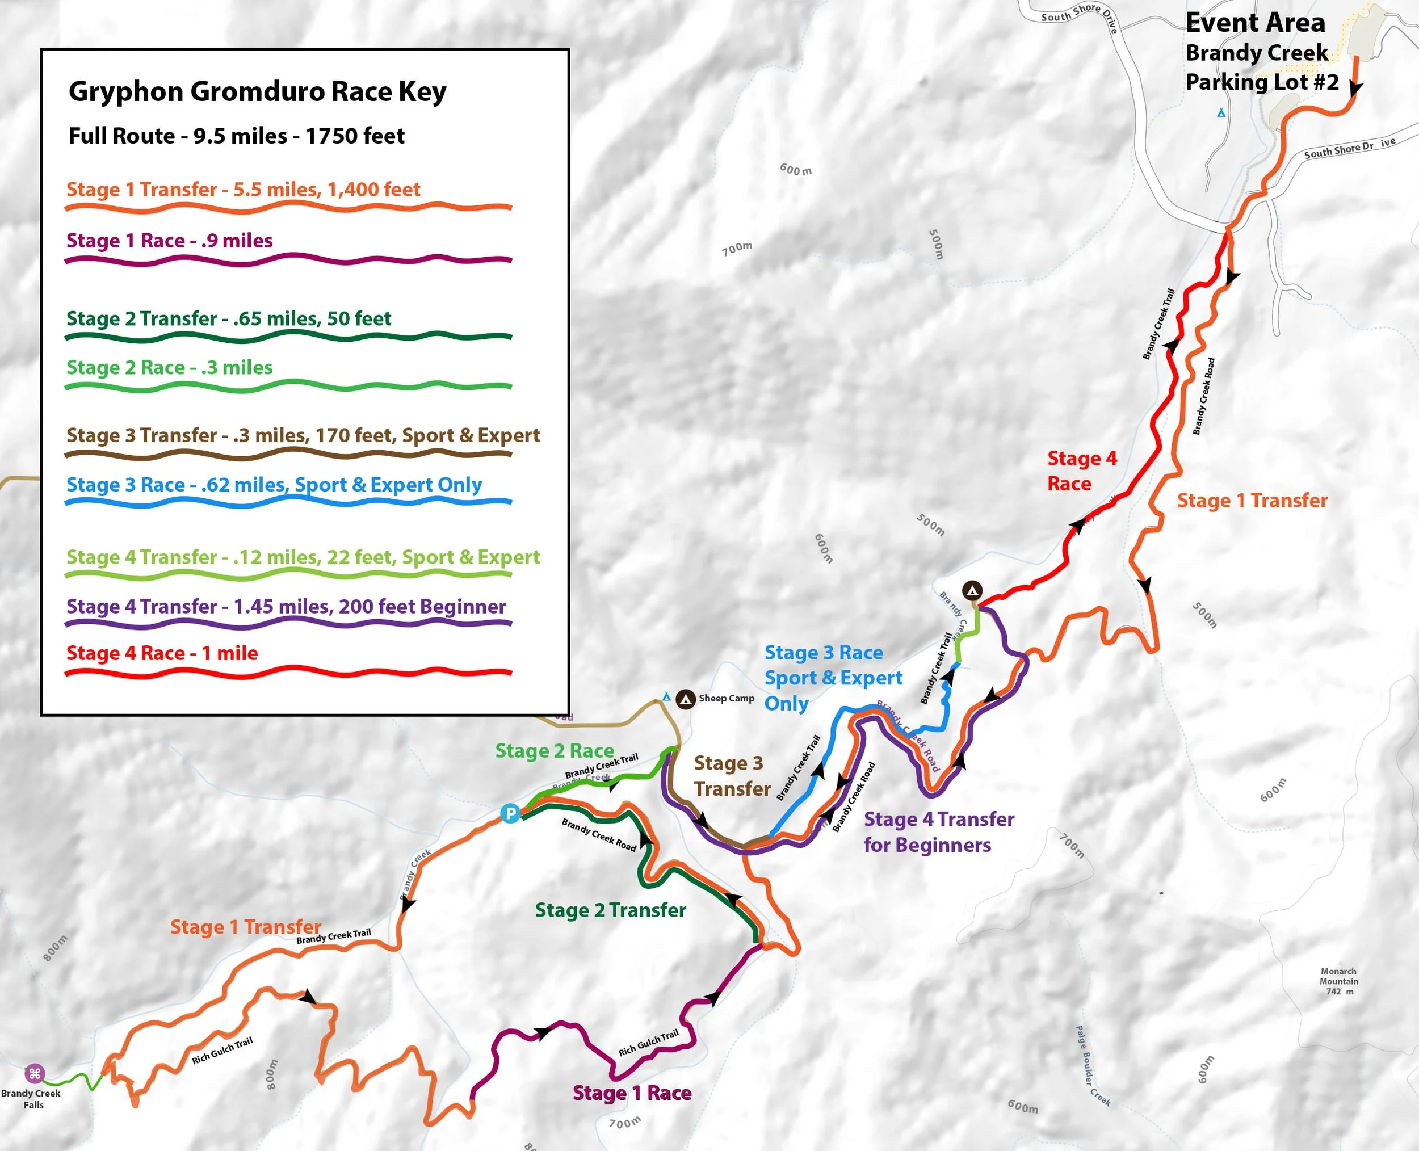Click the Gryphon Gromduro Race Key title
[x=257, y=91]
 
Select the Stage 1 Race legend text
[x=169, y=240]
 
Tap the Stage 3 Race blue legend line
[x=288, y=502]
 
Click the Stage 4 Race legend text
[x=162, y=653]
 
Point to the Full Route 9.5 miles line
[x=236, y=136]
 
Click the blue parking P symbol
[x=510, y=813]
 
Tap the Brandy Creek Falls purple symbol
[x=35, y=1073]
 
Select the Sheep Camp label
[x=726, y=698]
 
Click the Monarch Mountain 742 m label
[x=1338, y=981]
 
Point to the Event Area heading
[x=1254, y=23]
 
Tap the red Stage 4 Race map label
[x=1081, y=471]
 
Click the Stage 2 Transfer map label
[x=610, y=910]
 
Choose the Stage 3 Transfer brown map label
[x=732, y=776]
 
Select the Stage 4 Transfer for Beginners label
[x=938, y=832]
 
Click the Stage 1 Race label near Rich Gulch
[x=631, y=1093]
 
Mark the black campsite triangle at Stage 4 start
[x=972, y=590]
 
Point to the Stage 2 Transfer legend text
[x=228, y=318]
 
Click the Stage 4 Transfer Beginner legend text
[x=286, y=607]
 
